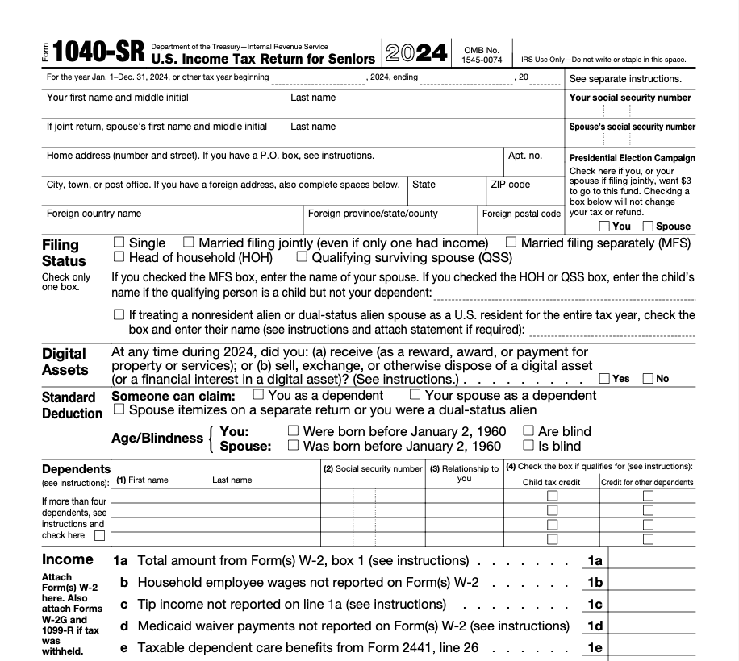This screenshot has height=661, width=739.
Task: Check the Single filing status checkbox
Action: coord(119,242)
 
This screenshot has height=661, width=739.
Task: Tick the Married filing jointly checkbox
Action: coord(189,242)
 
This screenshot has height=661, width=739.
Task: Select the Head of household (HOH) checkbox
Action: coord(119,257)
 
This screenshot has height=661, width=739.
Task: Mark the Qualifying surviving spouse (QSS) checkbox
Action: coord(302,257)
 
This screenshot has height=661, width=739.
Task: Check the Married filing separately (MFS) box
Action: coord(511,242)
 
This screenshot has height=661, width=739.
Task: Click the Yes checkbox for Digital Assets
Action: coord(604,379)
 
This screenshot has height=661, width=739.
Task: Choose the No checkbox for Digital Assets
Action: coord(648,379)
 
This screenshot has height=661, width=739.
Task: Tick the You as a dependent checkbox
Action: coord(258,395)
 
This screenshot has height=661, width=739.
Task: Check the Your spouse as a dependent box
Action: coord(415,395)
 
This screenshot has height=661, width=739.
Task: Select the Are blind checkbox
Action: coord(528,431)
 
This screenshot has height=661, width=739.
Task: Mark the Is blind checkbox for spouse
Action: coord(528,445)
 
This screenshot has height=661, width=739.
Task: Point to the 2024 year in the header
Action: coord(416,53)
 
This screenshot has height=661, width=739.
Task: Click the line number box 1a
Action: coord(595,560)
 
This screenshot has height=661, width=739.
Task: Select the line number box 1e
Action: coord(595,647)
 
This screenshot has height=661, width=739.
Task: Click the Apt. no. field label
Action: coord(525,156)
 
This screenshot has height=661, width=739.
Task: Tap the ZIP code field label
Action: coord(510,185)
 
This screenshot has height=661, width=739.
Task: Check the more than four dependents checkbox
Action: coord(99,535)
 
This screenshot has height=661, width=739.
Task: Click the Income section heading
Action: coord(68,559)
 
